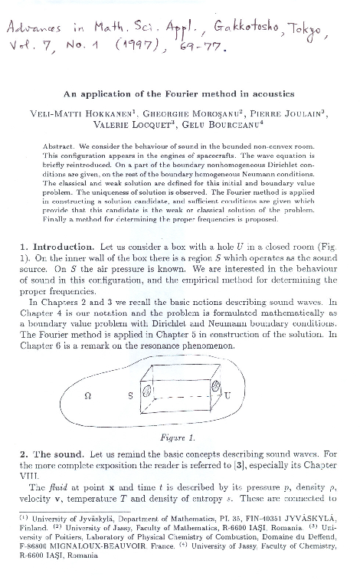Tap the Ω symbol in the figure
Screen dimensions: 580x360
[87, 395]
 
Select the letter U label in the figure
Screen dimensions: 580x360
[227, 395]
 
